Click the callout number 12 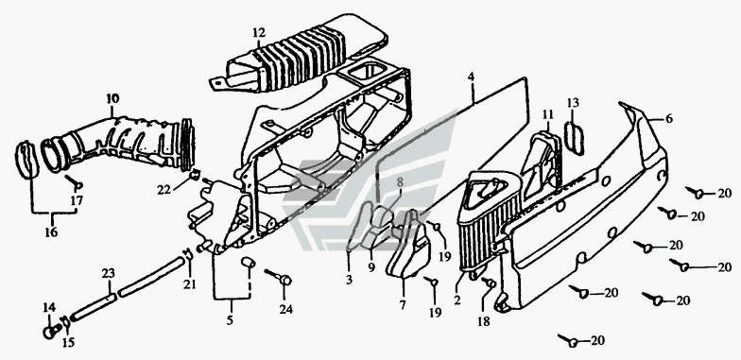(259, 33)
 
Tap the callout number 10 (112, 99)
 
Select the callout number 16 (51, 232)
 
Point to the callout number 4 (471, 77)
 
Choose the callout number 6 (669, 119)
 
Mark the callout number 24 (285, 310)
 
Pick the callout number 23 (109, 274)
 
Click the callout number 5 (230, 320)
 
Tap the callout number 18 (484, 321)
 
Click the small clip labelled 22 (193, 176)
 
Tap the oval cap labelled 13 (575, 138)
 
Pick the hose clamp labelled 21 (188, 255)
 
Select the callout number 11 (548, 113)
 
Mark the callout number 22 (164, 190)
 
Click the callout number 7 (403, 305)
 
